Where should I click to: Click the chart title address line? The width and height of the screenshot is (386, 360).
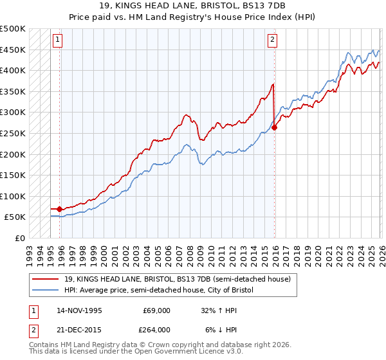coord(192,6)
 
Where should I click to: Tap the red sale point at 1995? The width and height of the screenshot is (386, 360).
coord(60,209)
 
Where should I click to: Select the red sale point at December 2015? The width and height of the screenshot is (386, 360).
coord(275,127)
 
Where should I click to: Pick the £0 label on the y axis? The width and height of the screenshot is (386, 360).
coord(20,238)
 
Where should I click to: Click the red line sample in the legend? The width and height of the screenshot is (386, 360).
coord(46,279)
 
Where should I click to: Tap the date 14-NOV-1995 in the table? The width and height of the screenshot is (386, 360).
coord(79,310)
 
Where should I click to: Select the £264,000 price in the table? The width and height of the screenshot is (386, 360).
coord(156,329)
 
